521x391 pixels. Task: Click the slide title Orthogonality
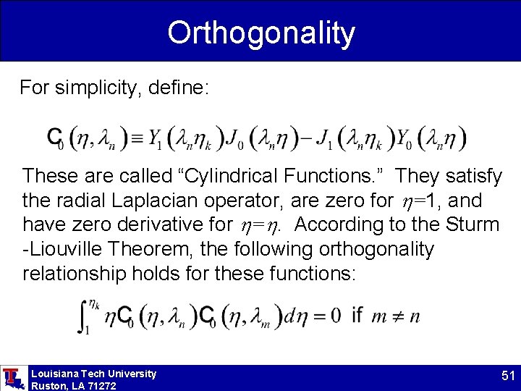pos(261,33)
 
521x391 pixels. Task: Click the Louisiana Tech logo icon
pos(12,378)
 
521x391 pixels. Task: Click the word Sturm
pos(470,224)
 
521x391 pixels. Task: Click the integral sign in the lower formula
pos(84,317)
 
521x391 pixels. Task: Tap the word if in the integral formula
pos(356,315)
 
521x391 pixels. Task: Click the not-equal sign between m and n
pos(395,316)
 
